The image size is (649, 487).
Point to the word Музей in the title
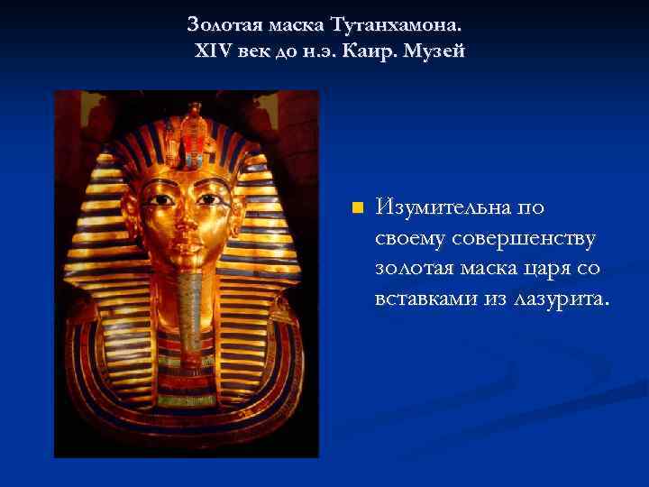[435, 51]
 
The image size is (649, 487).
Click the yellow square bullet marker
[356, 208]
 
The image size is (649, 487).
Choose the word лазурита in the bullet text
[560, 298]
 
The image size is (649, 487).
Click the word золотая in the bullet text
[415, 268]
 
